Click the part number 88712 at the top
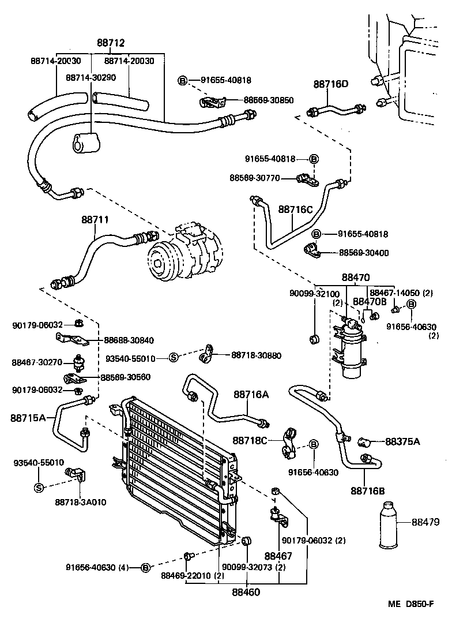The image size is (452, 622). coord(111,43)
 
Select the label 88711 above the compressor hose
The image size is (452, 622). coord(95,220)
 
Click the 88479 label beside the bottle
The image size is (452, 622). coord(425,522)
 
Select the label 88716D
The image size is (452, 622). coord(331,84)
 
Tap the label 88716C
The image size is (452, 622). coord(295,209)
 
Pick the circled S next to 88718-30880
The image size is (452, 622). coord(172,358)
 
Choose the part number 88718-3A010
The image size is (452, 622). coord(81,502)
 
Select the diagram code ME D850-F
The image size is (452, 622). coord(410,604)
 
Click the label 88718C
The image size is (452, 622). coord(251,440)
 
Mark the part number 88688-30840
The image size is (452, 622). coord(129,340)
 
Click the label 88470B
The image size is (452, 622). coord(370,301)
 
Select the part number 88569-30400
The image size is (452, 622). coord(363,253)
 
